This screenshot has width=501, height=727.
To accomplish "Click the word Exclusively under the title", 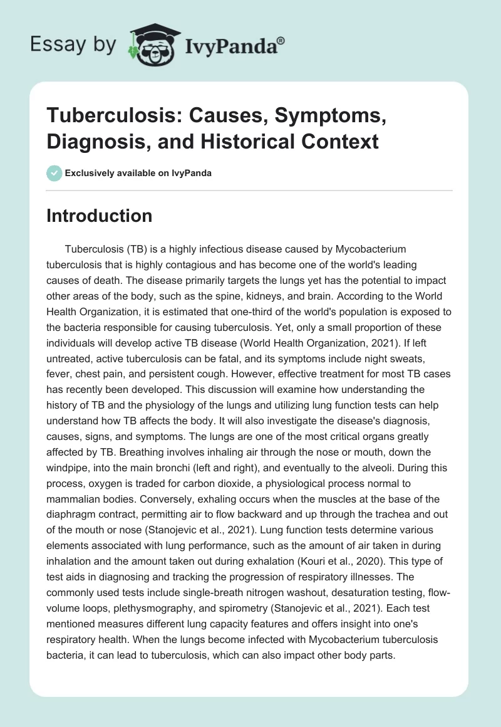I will [x=90, y=173].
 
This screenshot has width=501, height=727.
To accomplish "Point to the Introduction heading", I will [x=100, y=216].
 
